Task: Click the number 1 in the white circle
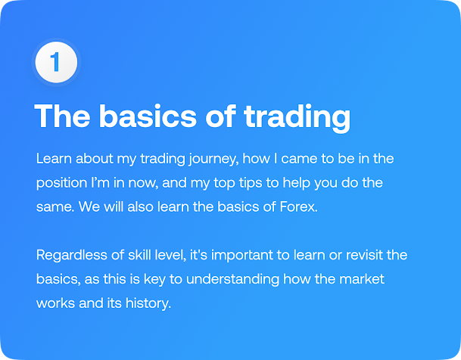[55, 62]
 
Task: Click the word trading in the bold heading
[297, 117]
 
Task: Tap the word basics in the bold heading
[148, 116]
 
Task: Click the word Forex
[298, 206]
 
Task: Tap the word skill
[138, 254]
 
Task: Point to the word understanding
[232, 279]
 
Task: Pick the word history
[148, 303]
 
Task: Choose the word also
[140, 206]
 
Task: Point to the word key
[154, 279]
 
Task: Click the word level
[169, 255]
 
